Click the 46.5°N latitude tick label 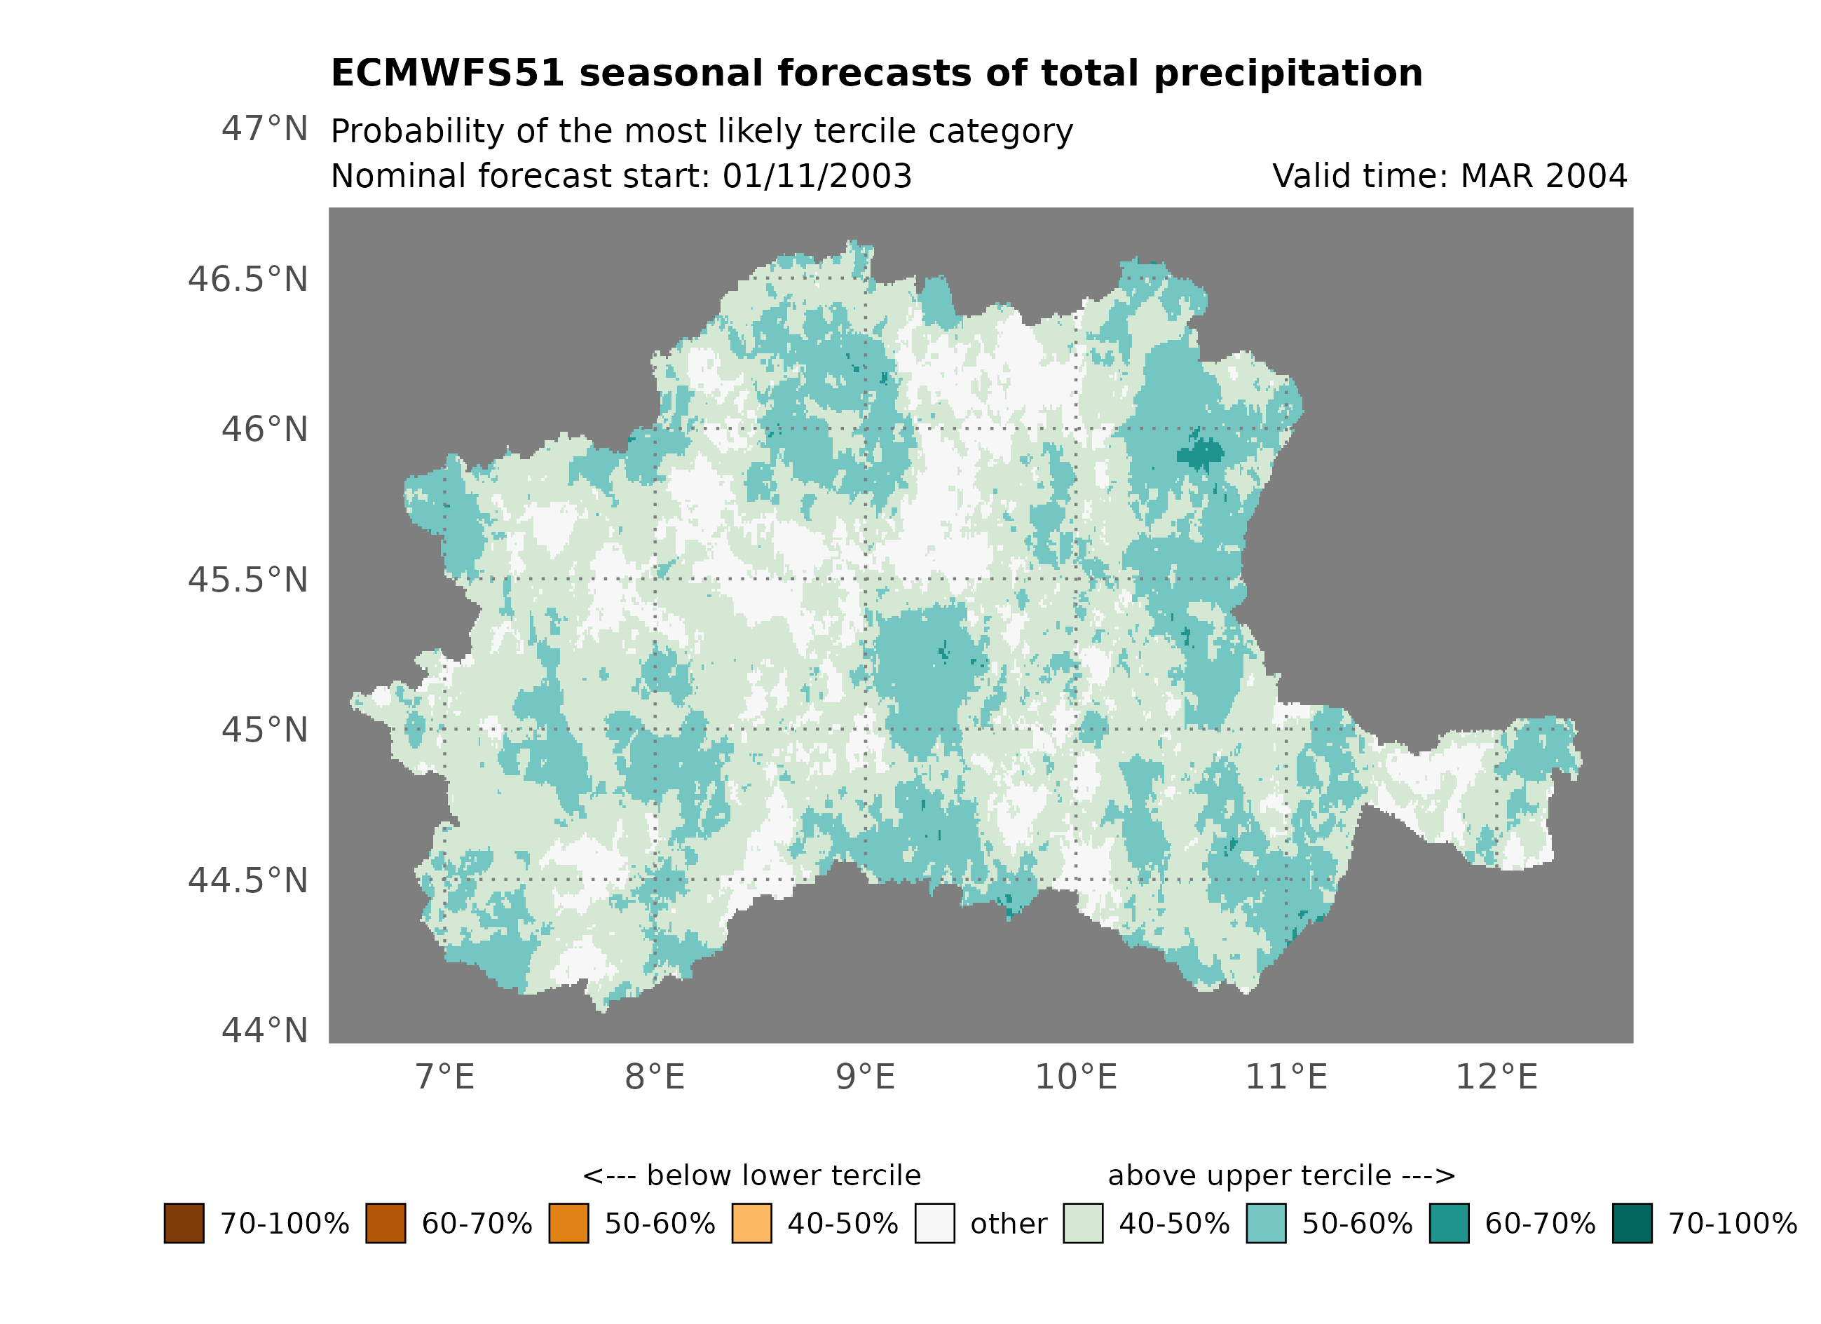pos(248,280)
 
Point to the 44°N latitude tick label pos(264,1030)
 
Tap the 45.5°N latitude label pos(248,580)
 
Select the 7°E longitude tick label pos(445,1077)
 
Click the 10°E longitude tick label pos(1076,1077)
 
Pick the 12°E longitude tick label pos(1496,1077)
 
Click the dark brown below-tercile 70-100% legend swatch pos(184,1223)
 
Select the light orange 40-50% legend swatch pos(751,1223)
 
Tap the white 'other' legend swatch pos(934,1223)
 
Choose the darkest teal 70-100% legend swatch pos(1632,1223)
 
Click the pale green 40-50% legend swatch pos(1082,1223)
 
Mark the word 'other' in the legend pos(1009,1224)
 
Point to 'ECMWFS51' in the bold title pos(448,74)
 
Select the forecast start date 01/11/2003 pos(817,177)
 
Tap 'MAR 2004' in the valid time pos(1543,177)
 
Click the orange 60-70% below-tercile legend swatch pos(386,1223)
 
